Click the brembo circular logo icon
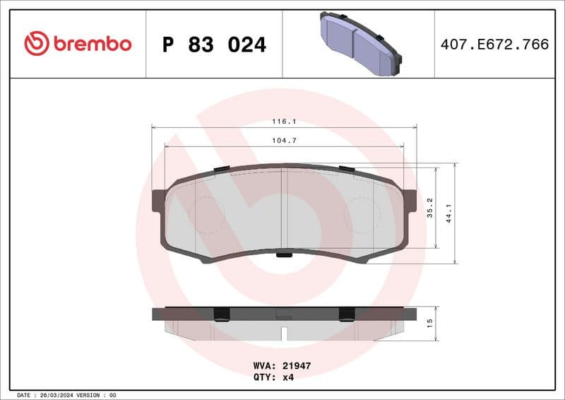click(36, 44)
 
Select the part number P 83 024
click(214, 45)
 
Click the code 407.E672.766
click(494, 45)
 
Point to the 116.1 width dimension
click(284, 122)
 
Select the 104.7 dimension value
click(284, 141)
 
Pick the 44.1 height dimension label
click(448, 213)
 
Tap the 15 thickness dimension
click(429, 322)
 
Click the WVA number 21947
click(297, 366)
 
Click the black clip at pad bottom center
click(284, 255)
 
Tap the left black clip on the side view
click(220, 314)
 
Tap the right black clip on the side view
click(347, 314)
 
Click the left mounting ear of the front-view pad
click(158, 200)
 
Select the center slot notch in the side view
click(284, 331)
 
